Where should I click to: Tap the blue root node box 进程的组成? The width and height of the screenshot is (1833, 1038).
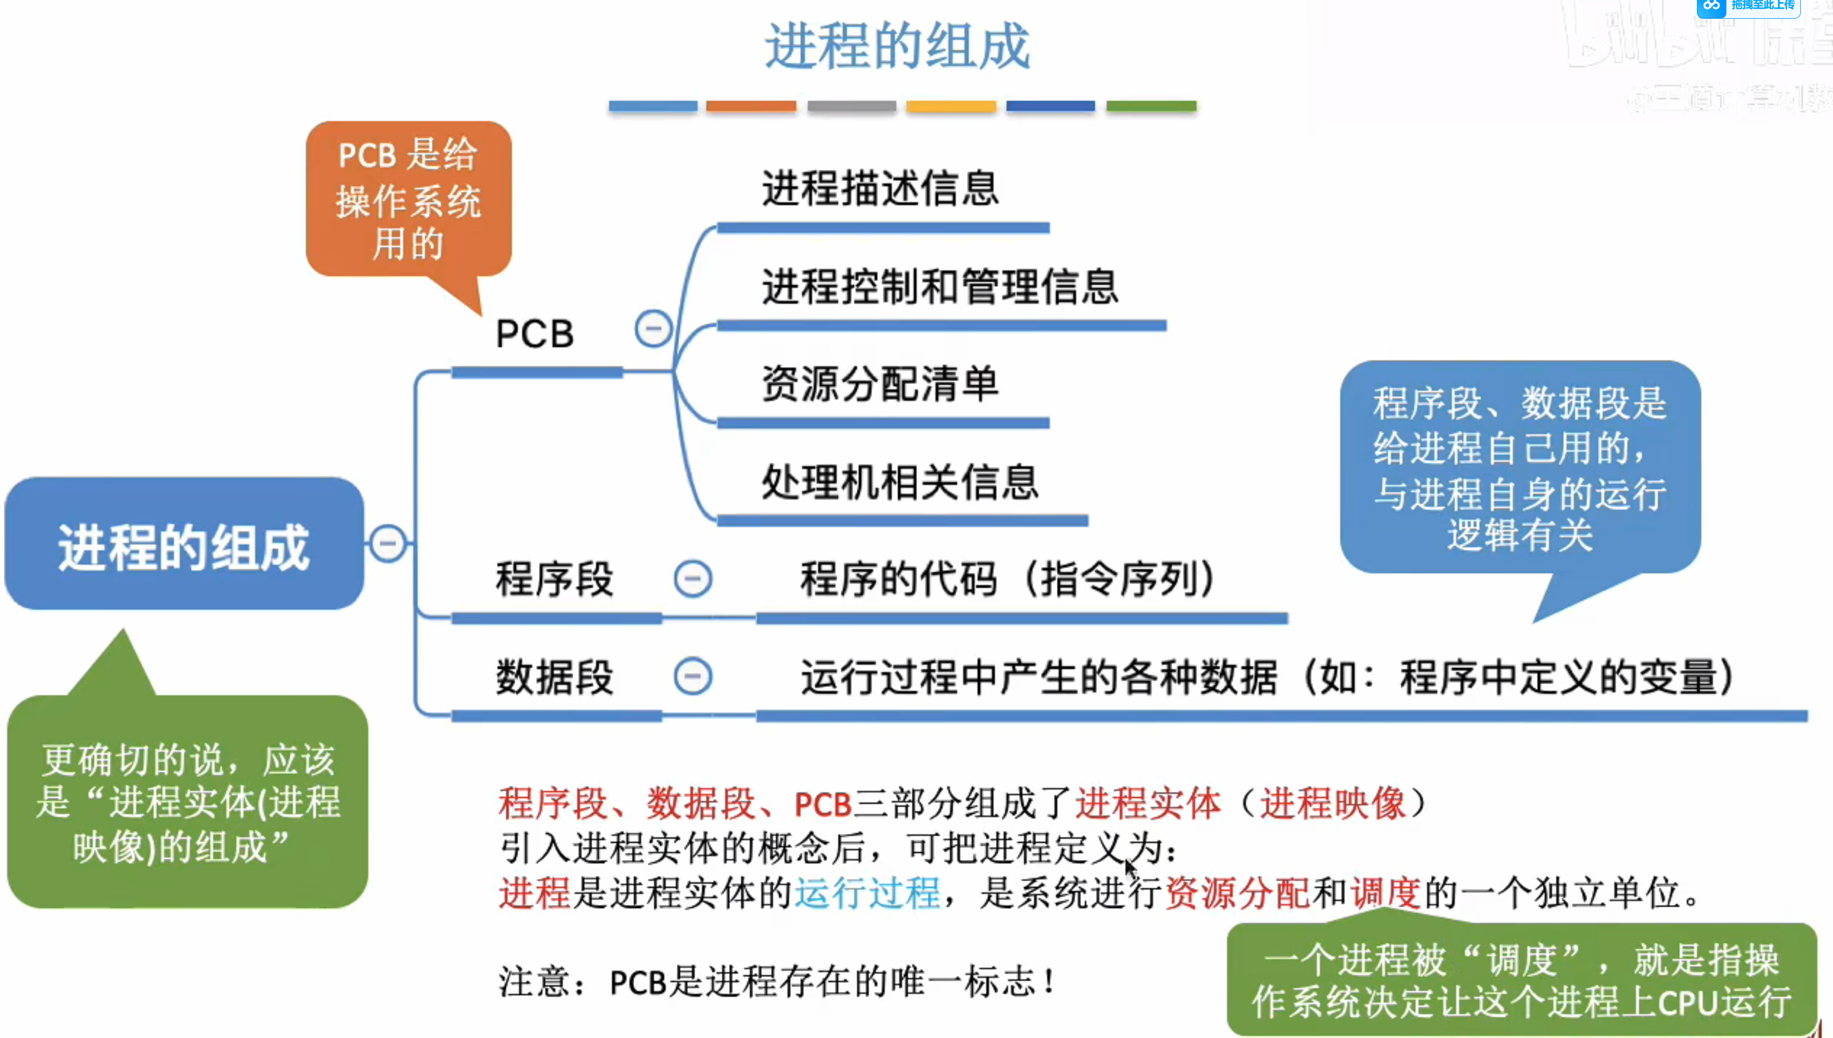[184, 545]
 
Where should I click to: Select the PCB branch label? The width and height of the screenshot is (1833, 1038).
[534, 334]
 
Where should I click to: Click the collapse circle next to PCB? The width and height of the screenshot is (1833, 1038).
[653, 329]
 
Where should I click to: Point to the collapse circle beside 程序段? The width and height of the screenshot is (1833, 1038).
[693, 578]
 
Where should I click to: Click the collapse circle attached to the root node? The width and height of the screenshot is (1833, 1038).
[388, 543]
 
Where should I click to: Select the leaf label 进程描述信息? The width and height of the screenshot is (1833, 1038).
[880, 189]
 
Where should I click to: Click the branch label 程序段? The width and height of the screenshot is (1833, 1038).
[554, 579]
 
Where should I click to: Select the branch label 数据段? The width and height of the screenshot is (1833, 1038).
[554, 677]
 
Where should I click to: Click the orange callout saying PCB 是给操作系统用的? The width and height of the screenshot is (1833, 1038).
[408, 199]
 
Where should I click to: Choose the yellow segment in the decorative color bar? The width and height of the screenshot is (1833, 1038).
[951, 106]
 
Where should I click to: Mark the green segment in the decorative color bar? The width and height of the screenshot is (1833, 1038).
[1151, 106]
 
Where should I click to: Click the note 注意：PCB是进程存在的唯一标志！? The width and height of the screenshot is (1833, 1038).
[777, 982]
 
